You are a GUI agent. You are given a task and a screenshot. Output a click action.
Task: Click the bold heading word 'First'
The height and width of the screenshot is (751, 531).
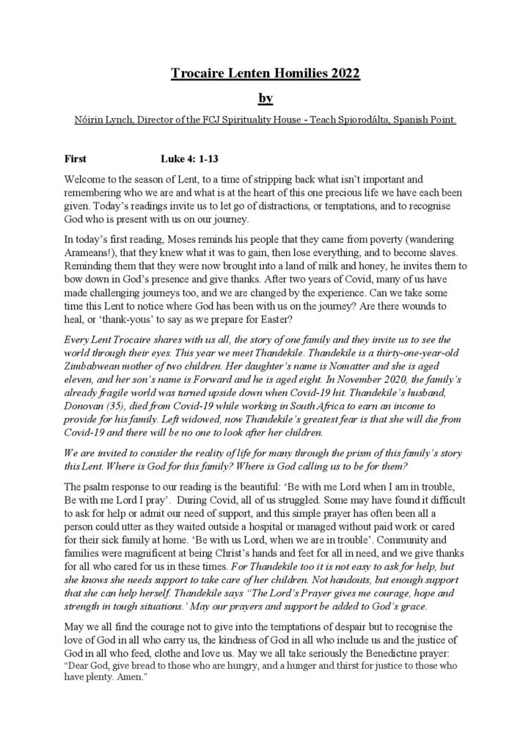[x=76, y=158]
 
